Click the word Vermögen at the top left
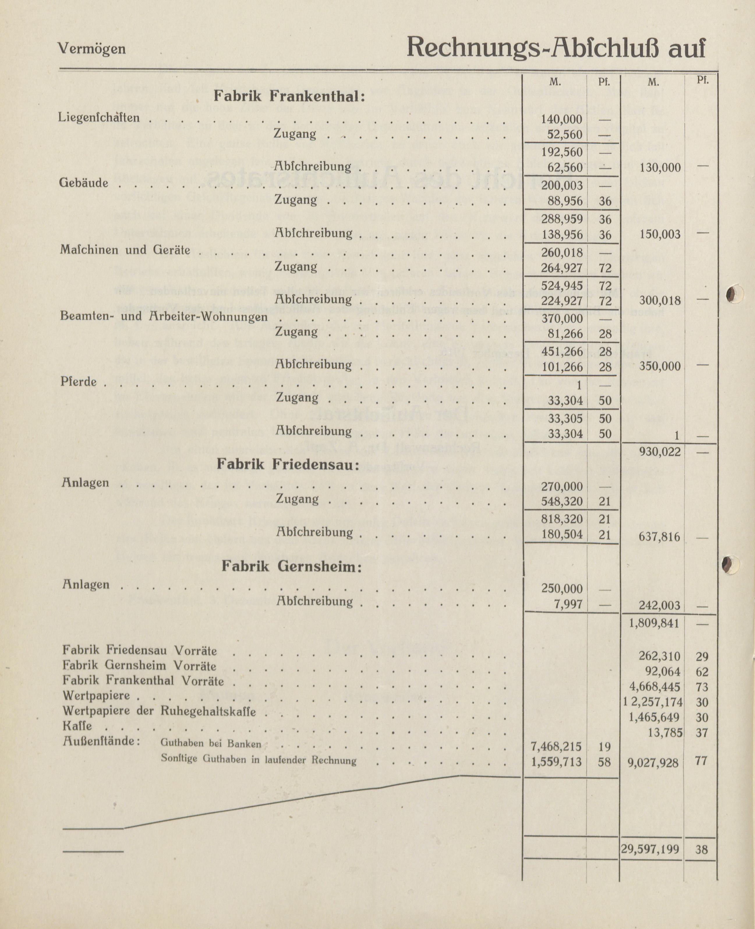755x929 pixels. click(91, 48)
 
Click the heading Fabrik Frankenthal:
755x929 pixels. click(289, 96)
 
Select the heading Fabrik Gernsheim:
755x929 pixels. click(292, 566)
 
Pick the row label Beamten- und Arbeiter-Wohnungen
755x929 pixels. click(164, 317)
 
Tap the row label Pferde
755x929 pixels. click(78, 382)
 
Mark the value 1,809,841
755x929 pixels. click(654, 623)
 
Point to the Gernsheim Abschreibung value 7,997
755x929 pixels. click(570, 604)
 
